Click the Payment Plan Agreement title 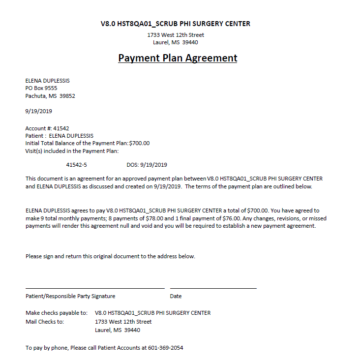[178, 58]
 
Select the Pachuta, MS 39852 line [50, 96]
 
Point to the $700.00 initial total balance [139, 143]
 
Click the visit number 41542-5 [76, 165]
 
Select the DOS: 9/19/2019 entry [147, 165]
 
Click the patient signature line [95, 288]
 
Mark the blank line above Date [213, 288]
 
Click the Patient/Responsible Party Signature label [70, 296]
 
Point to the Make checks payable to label [57, 313]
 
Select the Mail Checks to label [45, 322]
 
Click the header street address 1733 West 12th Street [176, 35]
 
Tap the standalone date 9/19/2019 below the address [39, 111]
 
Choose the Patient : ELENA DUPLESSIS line [60, 136]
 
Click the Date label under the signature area [176, 296]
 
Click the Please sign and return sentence [110, 256]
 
